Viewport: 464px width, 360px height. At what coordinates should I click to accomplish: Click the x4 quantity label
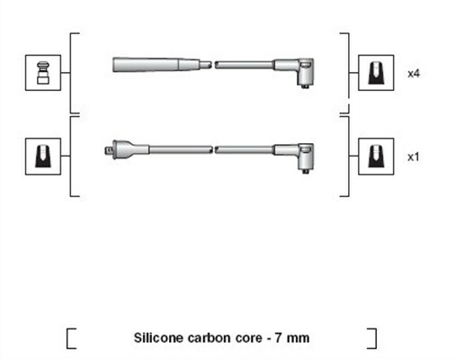(414, 74)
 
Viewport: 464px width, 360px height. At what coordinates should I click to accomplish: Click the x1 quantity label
(414, 157)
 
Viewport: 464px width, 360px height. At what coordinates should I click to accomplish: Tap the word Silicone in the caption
(158, 337)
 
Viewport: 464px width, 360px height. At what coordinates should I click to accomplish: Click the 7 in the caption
(279, 338)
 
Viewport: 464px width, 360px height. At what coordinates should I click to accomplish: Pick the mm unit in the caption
(298, 338)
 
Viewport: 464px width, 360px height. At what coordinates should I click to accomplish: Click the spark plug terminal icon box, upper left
(43, 73)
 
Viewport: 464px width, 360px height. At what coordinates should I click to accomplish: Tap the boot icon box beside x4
(376, 73)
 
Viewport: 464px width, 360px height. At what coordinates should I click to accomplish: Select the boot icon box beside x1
(376, 157)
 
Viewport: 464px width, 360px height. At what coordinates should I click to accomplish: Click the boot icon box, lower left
(43, 157)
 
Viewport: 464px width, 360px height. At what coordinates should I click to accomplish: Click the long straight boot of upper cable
(156, 65)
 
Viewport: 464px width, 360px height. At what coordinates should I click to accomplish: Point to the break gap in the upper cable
(213, 65)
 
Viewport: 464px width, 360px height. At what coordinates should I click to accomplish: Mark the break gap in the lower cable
(213, 149)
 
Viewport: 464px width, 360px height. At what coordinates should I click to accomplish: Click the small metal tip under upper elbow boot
(306, 86)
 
